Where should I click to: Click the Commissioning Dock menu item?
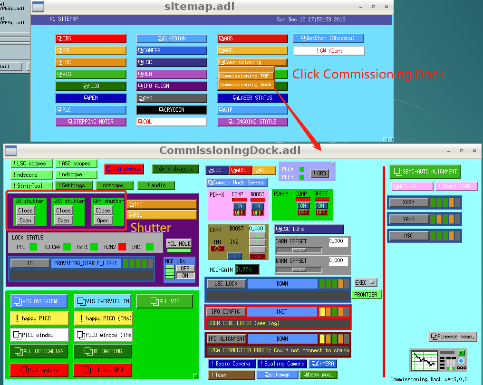[246, 85]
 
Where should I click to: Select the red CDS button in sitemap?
[91, 38]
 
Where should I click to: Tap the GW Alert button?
[329, 51]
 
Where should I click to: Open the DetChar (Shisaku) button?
[328, 38]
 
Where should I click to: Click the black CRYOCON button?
[172, 110]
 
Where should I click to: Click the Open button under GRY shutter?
[103, 221]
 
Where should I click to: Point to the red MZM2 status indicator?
[122, 247]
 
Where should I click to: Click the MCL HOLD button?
[178, 244]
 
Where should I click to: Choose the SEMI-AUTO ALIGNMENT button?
[425, 172]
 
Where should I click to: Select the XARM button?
[408, 202]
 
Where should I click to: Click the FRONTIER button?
[366, 295]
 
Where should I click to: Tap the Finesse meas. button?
[453, 337]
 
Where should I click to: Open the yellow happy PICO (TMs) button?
[103, 318]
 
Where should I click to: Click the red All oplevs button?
[39, 369]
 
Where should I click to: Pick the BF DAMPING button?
[103, 351]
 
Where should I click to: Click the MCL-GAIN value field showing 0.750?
[247, 269]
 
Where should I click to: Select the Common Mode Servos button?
[236, 183]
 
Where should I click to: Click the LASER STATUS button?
[252, 98]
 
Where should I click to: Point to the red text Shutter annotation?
[151, 228]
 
